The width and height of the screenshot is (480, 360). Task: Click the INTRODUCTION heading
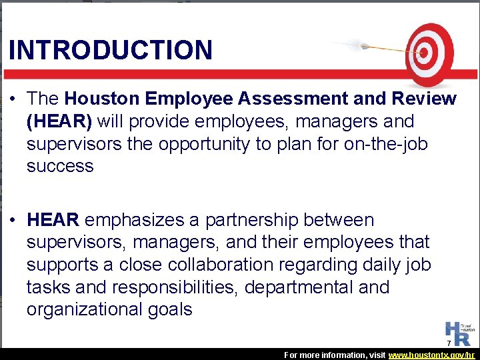[x=111, y=50]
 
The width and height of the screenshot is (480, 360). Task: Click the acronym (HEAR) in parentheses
[x=59, y=121]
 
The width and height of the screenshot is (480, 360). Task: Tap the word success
[x=60, y=166]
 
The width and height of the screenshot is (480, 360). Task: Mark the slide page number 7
[x=449, y=343]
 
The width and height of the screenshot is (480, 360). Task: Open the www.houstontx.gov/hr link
[x=431, y=355]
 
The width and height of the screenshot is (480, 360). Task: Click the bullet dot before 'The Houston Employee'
[x=14, y=99]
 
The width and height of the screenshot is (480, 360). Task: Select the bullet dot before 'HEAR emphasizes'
[x=14, y=221]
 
